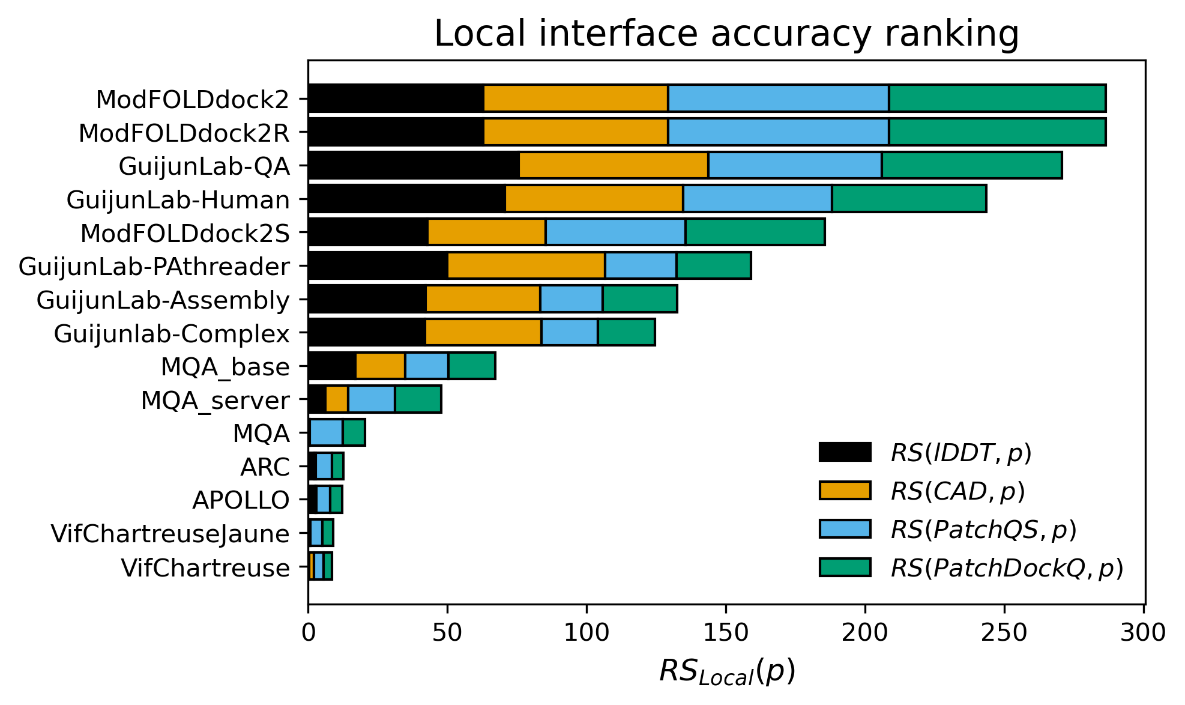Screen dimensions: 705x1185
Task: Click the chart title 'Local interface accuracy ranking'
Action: pyautogui.click(x=726, y=34)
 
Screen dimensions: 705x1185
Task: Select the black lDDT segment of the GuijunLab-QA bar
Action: pyautogui.click(x=414, y=165)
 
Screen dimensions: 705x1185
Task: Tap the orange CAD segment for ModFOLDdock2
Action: pyautogui.click(x=576, y=98)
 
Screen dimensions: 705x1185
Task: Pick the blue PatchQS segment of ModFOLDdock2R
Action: pyautogui.click(x=778, y=132)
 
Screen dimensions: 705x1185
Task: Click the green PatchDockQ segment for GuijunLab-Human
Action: pyautogui.click(x=909, y=199)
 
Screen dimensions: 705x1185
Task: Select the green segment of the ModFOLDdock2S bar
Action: pyautogui.click(x=755, y=232)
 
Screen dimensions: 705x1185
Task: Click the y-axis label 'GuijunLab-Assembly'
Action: pyautogui.click(x=163, y=300)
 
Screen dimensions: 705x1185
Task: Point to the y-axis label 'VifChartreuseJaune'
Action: pyautogui.click(x=170, y=534)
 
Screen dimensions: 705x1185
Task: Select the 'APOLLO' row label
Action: pyautogui.click(x=241, y=500)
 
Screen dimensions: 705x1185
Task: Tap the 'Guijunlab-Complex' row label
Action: pyautogui.click(x=172, y=334)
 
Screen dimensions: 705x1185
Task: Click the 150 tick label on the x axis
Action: pyautogui.click(x=726, y=633)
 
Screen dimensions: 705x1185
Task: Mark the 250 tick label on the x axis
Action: pyautogui.click(x=1004, y=633)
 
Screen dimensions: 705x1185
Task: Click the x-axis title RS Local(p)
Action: pyautogui.click(x=726, y=672)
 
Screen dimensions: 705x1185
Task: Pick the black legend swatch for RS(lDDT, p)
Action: pyautogui.click(x=845, y=452)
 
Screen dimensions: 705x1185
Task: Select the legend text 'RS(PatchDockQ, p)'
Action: pyautogui.click(x=1007, y=568)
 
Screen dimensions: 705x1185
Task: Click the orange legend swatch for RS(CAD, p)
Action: pyautogui.click(x=845, y=491)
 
